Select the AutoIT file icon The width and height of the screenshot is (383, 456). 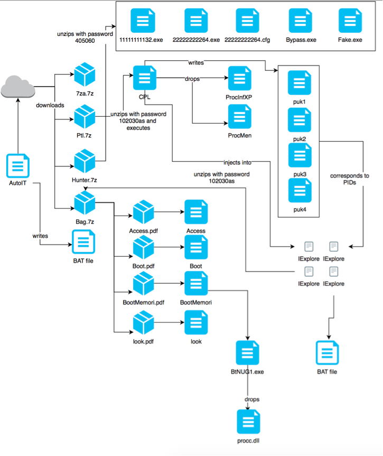(18, 166)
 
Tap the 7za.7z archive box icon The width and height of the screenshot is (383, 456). (85, 75)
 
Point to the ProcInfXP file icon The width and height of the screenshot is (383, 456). (239, 78)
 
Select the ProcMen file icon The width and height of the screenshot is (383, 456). (239, 116)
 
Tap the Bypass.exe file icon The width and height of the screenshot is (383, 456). (300, 21)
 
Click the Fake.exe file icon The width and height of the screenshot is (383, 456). (350, 21)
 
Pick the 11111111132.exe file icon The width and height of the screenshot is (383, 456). (141, 21)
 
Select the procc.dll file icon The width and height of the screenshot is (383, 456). (247, 421)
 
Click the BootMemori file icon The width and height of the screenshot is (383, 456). (195, 285)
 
